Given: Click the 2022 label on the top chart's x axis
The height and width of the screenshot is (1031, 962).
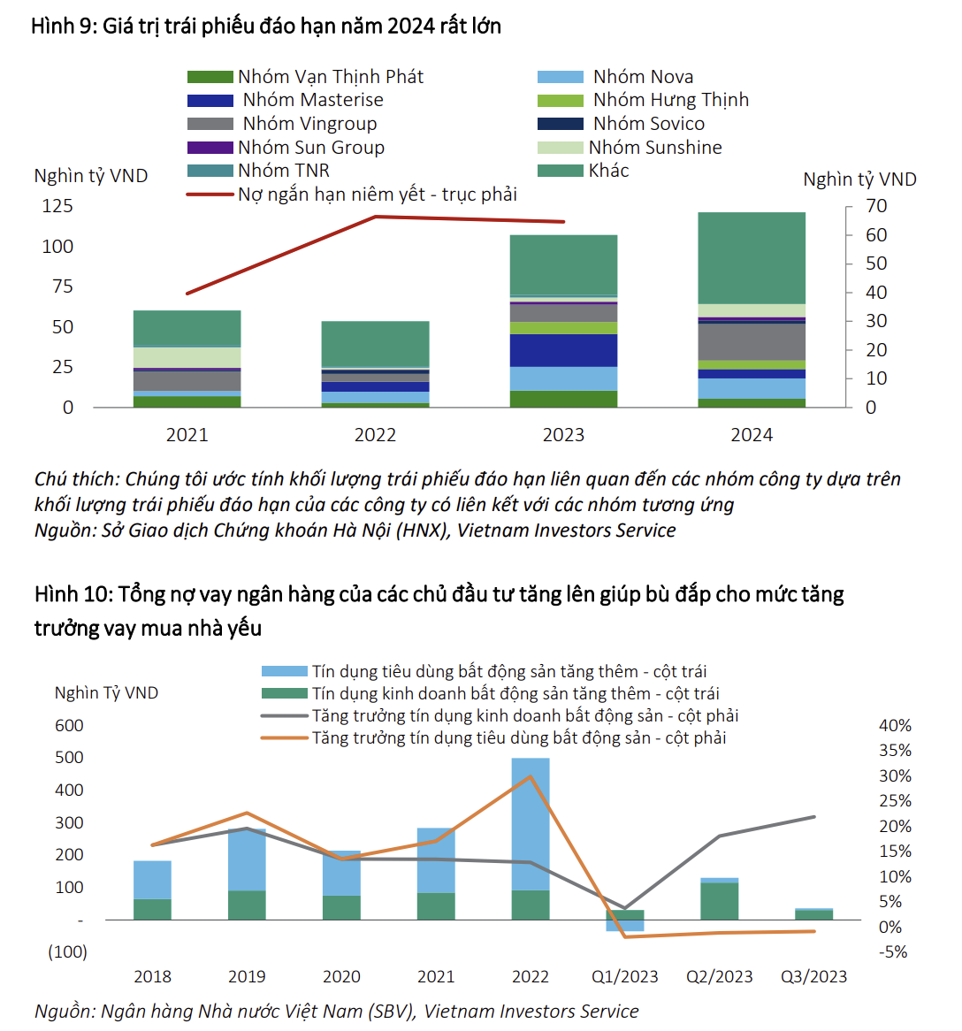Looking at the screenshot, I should [x=375, y=435].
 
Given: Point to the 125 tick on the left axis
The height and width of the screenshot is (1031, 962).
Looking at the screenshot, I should [x=57, y=206].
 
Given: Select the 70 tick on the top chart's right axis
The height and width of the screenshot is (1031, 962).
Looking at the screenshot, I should [x=876, y=206].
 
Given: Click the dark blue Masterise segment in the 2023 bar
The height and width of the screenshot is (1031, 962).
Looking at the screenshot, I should [x=563, y=350].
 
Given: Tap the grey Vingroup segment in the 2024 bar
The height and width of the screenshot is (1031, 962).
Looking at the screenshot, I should [x=752, y=342].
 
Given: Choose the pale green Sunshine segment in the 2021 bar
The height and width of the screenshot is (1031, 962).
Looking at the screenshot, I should [x=187, y=357].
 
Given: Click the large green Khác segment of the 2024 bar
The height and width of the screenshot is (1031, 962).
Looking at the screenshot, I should [x=752, y=258].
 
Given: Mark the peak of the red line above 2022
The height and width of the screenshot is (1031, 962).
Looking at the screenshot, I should [x=375, y=216].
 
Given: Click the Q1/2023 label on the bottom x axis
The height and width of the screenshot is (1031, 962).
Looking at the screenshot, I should [x=625, y=977].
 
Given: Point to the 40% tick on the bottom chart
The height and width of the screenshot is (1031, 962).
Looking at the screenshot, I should [x=895, y=726].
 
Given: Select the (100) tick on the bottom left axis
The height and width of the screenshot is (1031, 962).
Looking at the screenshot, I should [x=68, y=952].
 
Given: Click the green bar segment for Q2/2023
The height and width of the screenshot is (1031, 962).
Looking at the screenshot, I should [x=720, y=901].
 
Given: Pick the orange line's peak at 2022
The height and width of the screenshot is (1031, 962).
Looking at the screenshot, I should [x=531, y=777].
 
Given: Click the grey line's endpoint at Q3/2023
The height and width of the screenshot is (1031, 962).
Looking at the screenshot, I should [x=814, y=817].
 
